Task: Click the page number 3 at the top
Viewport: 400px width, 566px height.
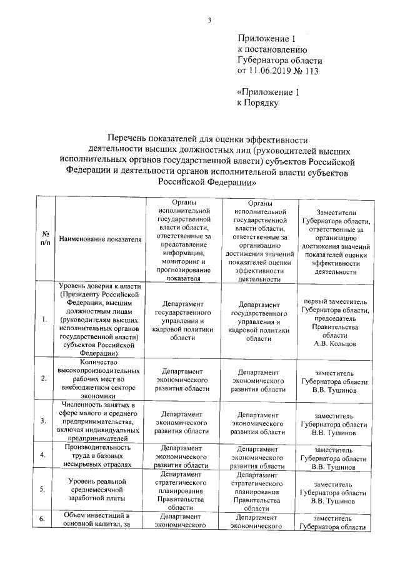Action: click(x=211, y=21)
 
